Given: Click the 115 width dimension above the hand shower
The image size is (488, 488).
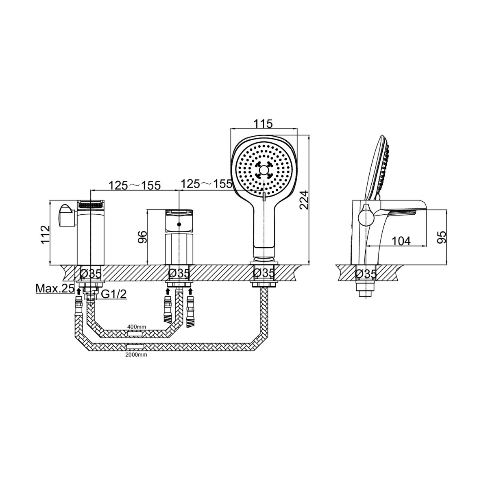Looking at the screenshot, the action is (x=264, y=124).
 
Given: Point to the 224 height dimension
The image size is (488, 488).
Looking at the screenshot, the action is (x=304, y=200).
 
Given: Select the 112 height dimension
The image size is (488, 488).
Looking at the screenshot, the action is (x=46, y=235).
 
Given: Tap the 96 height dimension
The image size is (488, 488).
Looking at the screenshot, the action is (x=142, y=237).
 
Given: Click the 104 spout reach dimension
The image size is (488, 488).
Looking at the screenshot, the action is (x=401, y=241).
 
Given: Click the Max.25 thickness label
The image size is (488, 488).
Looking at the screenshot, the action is (x=55, y=288).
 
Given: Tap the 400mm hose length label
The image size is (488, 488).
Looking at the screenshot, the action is (x=137, y=327).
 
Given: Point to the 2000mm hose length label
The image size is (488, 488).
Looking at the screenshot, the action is (x=136, y=355).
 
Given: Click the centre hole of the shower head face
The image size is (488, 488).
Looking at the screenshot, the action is (x=264, y=170).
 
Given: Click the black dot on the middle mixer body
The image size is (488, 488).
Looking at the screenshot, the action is (x=179, y=224).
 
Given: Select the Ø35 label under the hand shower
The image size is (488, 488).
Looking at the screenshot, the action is (x=264, y=273).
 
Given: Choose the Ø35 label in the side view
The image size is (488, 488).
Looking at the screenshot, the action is (x=366, y=273).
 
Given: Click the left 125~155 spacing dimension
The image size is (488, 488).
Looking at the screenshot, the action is (x=135, y=185).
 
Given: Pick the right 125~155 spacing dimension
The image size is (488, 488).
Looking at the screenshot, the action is (x=207, y=184).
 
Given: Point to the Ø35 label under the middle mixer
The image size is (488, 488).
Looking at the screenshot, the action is (x=179, y=273).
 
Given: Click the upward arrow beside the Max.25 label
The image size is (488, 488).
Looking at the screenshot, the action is (x=79, y=290).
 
